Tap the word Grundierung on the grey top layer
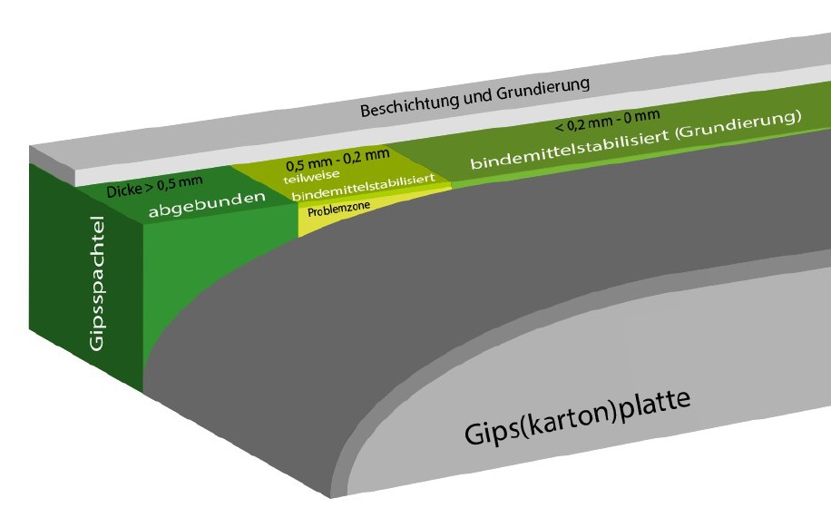543,90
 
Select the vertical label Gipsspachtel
97,283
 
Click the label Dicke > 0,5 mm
154,186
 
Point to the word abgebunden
207,204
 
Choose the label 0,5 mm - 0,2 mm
337,159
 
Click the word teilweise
312,176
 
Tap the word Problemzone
338,209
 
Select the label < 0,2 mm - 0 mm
607,122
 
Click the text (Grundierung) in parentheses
738,124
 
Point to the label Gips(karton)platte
577,417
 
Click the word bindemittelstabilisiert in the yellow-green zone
363,187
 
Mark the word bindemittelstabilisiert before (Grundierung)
570,150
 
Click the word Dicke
124,190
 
